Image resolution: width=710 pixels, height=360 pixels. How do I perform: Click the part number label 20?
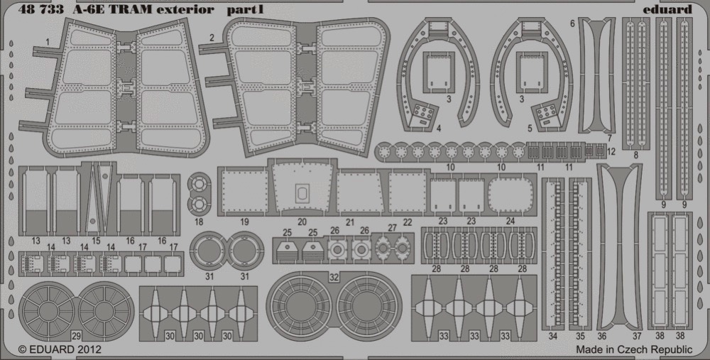click(x=302, y=222)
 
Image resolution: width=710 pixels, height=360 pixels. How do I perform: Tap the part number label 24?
click(x=510, y=222)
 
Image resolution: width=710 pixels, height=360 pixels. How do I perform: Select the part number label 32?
click(x=334, y=278)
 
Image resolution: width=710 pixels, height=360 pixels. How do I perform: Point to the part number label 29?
click(x=76, y=336)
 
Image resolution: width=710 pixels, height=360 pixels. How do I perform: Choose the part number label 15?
click(x=96, y=241)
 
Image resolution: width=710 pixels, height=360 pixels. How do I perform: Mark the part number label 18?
click(x=199, y=222)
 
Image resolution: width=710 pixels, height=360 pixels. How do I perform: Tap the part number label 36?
click(x=602, y=336)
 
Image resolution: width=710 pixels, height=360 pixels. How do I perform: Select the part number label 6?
click(x=572, y=23)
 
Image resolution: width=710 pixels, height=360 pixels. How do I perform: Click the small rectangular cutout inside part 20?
click(x=302, y=193)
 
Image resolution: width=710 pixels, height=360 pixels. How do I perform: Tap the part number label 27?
click(x=392, y=227)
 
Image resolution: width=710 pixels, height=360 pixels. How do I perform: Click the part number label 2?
click(x=212, y=38)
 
